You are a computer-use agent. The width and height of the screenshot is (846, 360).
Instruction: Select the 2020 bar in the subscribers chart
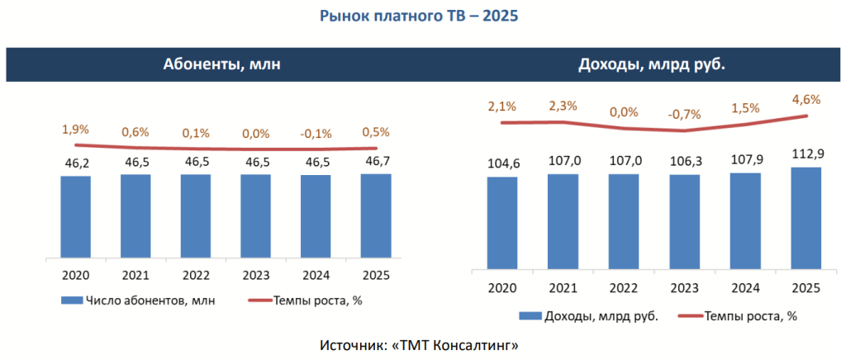(75, 217)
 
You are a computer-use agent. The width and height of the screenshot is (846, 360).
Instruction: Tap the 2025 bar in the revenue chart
(806, 217)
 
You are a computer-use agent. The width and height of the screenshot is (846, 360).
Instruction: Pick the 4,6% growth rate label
(806, 100)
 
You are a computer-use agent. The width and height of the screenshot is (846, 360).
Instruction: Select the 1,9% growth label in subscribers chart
(75, 129)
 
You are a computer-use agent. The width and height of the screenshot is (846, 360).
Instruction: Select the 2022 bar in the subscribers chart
(196, 216)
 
